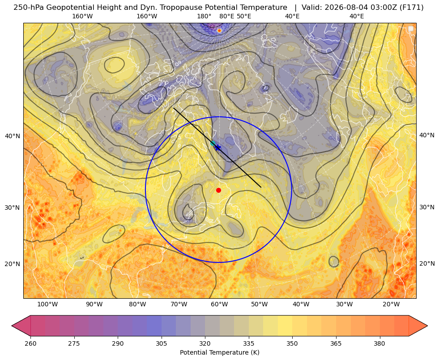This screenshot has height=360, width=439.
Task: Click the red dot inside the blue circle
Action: coord(219,190)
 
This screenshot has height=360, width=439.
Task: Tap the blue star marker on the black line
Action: coord(217,148)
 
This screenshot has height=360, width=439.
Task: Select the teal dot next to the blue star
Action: coord(213,144)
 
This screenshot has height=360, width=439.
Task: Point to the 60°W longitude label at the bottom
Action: coord(219,304)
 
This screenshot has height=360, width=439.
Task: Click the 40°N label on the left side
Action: coord(13,136)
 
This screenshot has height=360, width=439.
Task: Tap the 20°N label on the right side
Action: coord(427,263)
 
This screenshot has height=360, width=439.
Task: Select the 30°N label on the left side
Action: coord(13,208)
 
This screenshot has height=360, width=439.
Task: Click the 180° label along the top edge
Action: coord(204,16)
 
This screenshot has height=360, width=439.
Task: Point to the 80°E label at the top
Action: coord(226,16)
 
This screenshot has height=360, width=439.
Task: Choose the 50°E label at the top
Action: coord(244,16)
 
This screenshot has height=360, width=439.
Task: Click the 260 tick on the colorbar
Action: coord(30,343)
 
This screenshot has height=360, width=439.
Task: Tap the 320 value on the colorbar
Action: coord(205,343)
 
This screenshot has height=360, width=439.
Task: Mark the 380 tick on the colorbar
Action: coord(379,343)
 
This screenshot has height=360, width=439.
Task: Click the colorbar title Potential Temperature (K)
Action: coord(219,352)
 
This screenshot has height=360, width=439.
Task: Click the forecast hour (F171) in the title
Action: coord(413,8)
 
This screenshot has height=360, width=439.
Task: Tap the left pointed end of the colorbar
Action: coord(12,326)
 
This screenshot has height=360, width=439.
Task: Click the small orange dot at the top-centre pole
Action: coord(219,30)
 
